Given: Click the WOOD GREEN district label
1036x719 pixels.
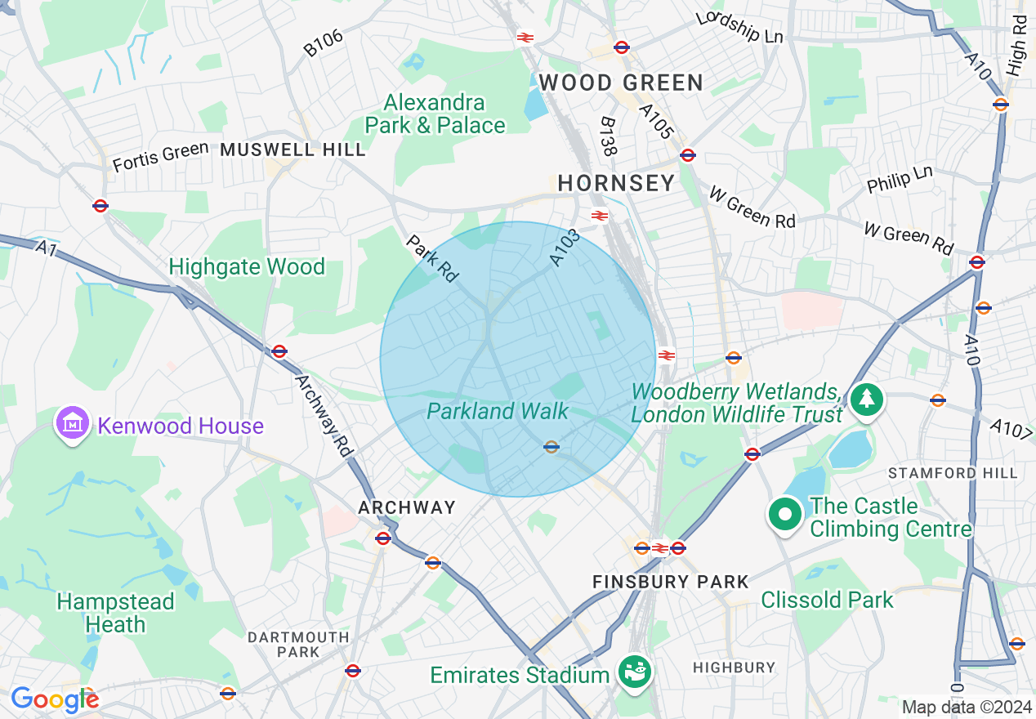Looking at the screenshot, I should (621, 83).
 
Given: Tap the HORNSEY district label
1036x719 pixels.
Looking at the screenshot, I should (616, 183).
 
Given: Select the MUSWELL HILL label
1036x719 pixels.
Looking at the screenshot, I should (293, 150).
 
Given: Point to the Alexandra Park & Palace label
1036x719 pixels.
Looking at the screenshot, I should (435, 114).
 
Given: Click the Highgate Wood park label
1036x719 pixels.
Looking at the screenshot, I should (247, 267).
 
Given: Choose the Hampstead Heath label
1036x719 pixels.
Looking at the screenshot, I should (115, 613).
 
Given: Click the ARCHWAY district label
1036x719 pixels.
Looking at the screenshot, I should (407, 507).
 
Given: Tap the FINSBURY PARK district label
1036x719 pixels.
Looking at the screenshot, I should (670, 582).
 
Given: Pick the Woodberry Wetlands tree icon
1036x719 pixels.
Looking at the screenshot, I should (865, 399).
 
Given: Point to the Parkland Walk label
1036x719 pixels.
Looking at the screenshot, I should (498, 411).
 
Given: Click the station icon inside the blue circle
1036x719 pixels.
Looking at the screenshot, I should (551, 446).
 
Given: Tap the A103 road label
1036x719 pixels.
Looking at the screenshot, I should (565, 247).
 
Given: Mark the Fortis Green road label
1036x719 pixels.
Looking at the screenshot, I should (160, 157).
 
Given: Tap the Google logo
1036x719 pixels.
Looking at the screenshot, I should (54, 699).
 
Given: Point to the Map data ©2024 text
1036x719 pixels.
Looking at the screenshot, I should (966, 707).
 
